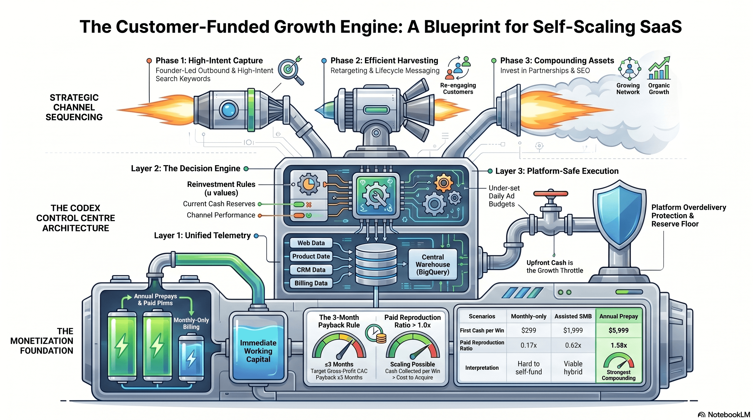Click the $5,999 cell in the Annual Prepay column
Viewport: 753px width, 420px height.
[618, 330]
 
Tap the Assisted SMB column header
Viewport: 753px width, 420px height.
[573, 316]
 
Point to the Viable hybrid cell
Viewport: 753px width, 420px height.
[573, 368]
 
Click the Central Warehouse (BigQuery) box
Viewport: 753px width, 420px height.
[432, 264]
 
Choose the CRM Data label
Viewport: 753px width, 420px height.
[311, 270]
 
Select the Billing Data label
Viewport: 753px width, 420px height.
[311, 283]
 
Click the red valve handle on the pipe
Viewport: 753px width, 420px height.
[551, 194]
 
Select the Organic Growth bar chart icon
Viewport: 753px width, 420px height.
[659, 69]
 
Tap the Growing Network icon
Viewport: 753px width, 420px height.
[629, 69]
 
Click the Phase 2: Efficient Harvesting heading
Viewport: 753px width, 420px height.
[384, 60]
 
